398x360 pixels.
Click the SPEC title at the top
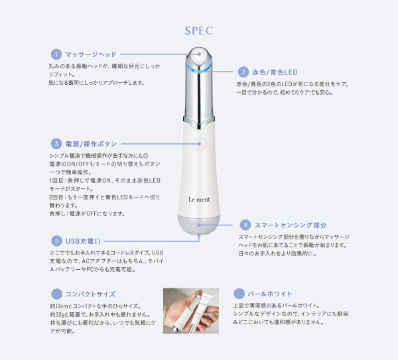[199, 30]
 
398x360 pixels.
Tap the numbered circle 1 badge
[56, 54]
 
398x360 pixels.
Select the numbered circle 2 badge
[243, 72]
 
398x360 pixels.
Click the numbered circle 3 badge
[56, 144]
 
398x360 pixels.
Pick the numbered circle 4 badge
[245, 225]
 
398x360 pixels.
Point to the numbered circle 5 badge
[56, 241]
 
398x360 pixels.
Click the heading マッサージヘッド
[91, 54]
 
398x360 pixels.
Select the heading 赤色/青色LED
[275, 72]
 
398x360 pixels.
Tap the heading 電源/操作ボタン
[91, 144]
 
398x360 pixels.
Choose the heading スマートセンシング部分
[291, 225]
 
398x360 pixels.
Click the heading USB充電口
[83, 241]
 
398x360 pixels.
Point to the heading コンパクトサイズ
[91, 294]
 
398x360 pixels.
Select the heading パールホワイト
[270, 294]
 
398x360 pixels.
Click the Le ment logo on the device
[199, 200]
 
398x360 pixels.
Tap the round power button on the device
[199, 144]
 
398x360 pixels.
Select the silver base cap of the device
[199, 225]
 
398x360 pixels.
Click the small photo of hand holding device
[191, 311]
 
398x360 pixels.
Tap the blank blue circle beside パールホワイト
[239, 294]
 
